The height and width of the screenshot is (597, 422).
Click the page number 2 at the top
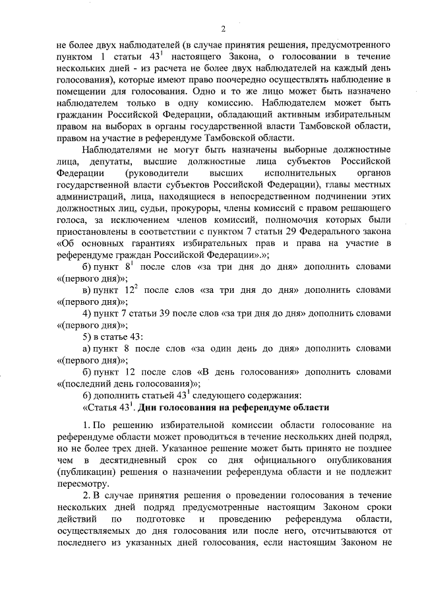pos(223,29)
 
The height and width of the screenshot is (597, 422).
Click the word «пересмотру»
pos(84,484)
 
